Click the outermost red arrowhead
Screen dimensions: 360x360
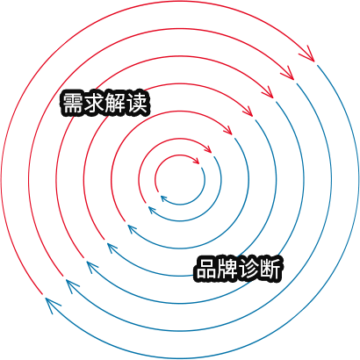(308, 54)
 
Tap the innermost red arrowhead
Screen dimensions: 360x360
(196, 161)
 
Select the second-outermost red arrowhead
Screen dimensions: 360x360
(288, 74)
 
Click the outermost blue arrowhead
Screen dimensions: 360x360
(53, 306)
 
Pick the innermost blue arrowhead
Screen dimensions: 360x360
(164, 198)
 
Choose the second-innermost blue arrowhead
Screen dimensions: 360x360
(153, 210)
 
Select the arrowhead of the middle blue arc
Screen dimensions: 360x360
(113, 248)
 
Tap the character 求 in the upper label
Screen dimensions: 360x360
(94, 104)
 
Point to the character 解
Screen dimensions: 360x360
(115, 104)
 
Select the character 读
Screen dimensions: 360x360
(136, 104)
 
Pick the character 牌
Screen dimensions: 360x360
(227, 269)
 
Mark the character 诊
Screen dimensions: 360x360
(248, 269)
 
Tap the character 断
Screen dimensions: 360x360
(270, 269)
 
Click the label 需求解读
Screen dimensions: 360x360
(104, 104)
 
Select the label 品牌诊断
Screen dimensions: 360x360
(238, 269)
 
